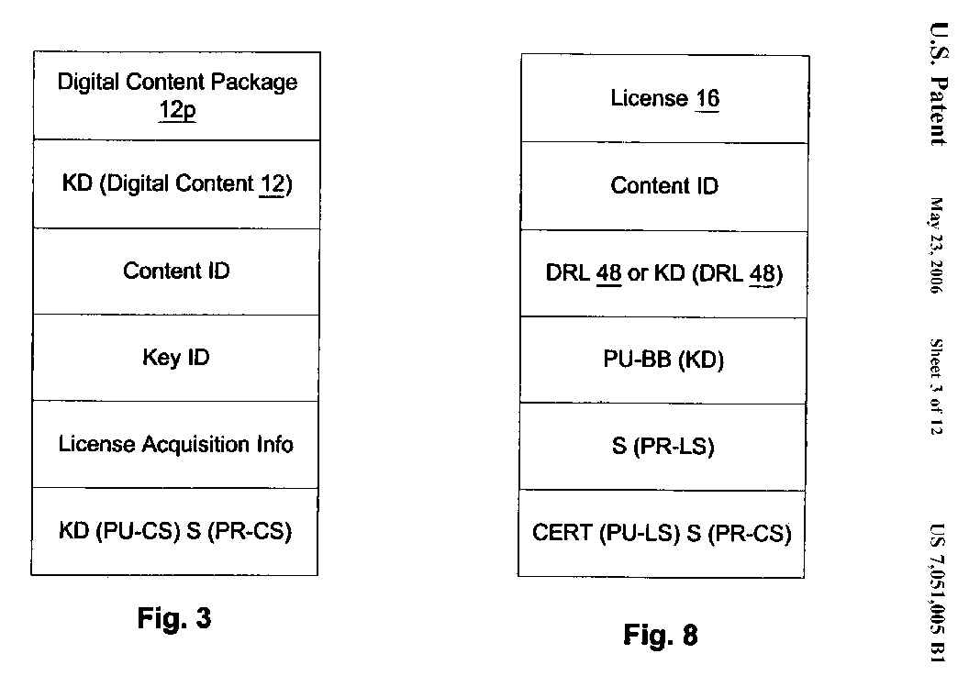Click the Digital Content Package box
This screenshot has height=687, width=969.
coord(175,95)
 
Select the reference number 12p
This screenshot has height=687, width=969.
coord(177,114)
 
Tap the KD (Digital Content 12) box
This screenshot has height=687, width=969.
coord(175,184)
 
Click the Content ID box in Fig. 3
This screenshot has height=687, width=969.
coord(175,271)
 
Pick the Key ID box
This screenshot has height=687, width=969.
coord(175,357)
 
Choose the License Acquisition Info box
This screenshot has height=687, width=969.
coord(175,444)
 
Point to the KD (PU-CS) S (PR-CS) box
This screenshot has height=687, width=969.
coord(175,532)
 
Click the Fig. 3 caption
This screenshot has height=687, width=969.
coord(174,618)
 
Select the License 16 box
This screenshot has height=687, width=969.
coord(664,98)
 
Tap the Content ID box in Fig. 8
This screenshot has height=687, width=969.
coord(664,186)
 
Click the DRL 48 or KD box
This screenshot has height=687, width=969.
coord(664,274)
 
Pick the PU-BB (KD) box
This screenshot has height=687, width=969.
coord(664,360)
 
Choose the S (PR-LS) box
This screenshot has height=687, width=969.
coord(664,447)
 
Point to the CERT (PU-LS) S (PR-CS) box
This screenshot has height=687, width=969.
coord(663,533)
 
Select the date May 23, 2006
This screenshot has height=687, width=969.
coord(937,245)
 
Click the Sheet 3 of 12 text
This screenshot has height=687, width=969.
coord(937,386)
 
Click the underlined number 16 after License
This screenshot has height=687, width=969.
coord(707,99)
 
